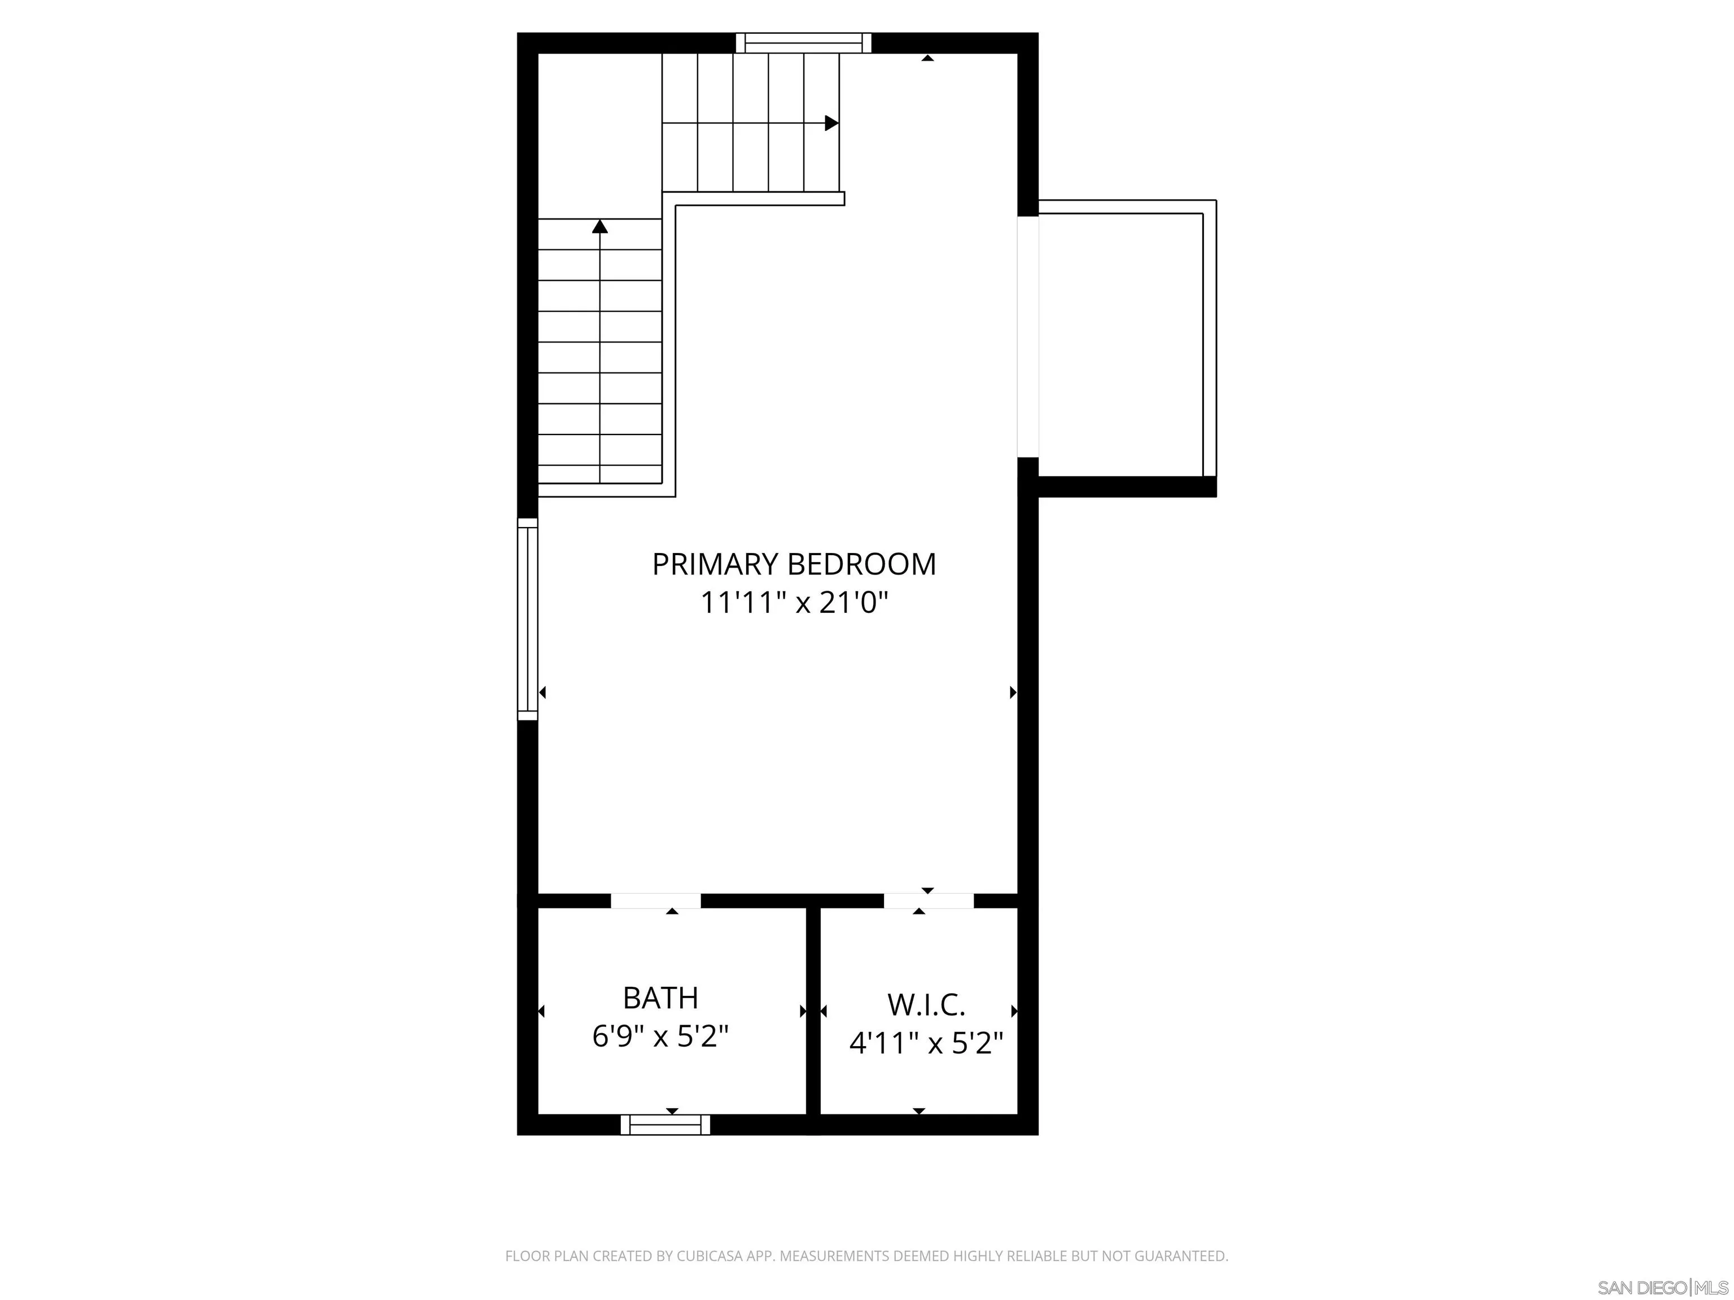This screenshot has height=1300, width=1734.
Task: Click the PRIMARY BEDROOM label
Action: point(794,565)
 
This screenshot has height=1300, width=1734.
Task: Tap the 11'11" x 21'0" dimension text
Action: point(794,603)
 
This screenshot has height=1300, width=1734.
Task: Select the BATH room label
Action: point(660,998)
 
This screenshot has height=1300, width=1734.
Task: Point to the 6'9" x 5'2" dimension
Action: point(660,1037)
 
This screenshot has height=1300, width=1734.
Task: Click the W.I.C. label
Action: point(926,1004)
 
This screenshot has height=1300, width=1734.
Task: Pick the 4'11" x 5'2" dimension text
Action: point(926,1043)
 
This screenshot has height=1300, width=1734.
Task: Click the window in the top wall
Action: point(804,42)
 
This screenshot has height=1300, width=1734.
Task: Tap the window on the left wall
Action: point(528,619)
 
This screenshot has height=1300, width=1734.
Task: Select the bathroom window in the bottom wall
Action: point(665,1125)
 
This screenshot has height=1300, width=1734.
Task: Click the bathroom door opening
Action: point(655,901)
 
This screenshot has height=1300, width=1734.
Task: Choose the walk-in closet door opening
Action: point(929,901)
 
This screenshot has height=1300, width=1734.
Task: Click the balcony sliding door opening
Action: point(1028,337)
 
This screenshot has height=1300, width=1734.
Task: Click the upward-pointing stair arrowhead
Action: point(599,226)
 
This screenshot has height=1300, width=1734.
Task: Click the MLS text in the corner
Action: point(1714,1288)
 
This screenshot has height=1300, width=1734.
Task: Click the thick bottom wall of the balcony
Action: point(1127,486)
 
